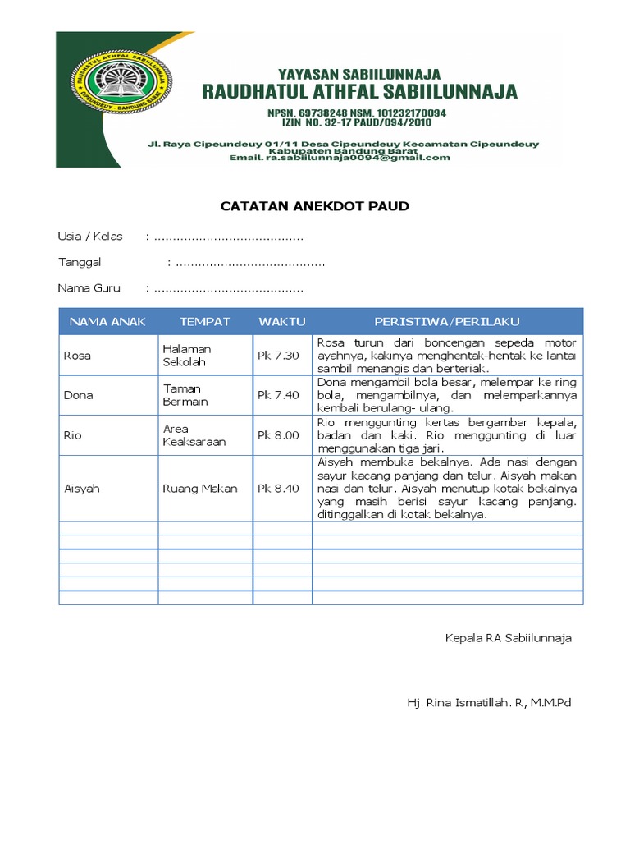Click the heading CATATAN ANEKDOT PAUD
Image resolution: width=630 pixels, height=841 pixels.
click(314, 206)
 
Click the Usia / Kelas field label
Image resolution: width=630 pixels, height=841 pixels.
click(90, 237)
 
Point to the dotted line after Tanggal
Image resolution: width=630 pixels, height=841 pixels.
click(249, 264)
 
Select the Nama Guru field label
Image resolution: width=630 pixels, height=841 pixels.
click(89, 288)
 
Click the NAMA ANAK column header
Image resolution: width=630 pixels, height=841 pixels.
click(107, 321)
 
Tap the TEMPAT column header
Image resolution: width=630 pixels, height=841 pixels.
click(205, 321)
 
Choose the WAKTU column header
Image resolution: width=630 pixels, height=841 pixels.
click(281, 321)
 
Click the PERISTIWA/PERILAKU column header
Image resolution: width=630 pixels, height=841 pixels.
click(447, 321)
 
